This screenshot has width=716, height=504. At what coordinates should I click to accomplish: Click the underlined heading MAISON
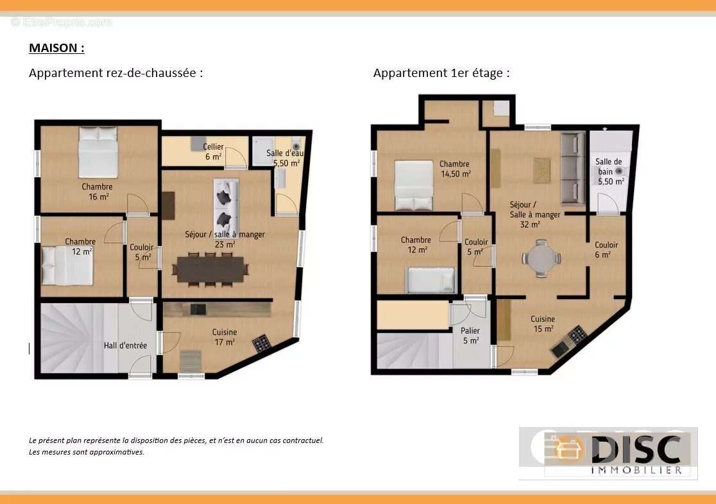(56, 48)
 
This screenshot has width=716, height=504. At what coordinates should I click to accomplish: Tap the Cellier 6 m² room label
(213, 152)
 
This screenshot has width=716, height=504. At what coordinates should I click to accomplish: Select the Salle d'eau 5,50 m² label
(286, 158)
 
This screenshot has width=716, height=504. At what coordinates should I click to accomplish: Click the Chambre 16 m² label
(98, 191)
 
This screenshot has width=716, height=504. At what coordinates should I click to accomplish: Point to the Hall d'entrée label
(125, 345)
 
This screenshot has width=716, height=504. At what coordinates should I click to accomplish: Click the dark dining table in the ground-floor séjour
(210, 269)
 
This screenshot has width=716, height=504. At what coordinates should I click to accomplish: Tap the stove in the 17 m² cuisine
(261, 343)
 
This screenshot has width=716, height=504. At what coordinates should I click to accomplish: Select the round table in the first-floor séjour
(541, 258)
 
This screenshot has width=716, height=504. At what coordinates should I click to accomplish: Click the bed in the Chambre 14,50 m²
(414, 185)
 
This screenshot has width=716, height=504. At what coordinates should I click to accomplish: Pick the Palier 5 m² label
(470, 335)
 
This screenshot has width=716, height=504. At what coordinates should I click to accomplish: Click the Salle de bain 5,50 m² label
(609, 171)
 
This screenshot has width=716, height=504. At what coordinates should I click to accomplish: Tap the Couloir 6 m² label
(606, 250)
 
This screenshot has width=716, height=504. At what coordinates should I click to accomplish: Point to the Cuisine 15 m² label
(543, 324)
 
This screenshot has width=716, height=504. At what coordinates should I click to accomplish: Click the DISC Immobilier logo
(608, 453)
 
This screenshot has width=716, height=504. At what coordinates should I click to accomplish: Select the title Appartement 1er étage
(441, 73)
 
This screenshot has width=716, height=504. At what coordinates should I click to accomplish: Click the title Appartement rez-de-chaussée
(115, 73)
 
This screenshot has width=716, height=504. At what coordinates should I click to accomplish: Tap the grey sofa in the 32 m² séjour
(573, 168)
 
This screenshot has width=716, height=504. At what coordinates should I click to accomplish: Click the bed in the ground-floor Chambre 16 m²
(98, 152)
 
